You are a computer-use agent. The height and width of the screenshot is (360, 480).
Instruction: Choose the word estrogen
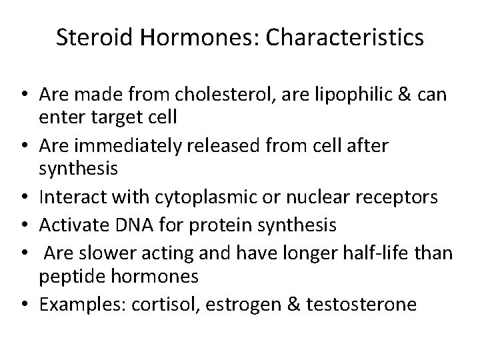[237, 304]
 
